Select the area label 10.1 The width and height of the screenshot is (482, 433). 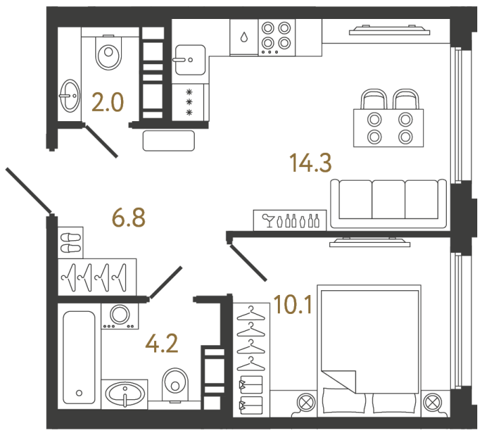293,307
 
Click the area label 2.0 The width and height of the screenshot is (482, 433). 107,103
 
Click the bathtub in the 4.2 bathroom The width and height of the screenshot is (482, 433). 78,357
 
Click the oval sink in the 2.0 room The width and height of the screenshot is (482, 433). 69,95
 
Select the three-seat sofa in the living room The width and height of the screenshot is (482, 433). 388,203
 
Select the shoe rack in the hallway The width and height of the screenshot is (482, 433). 70,241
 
